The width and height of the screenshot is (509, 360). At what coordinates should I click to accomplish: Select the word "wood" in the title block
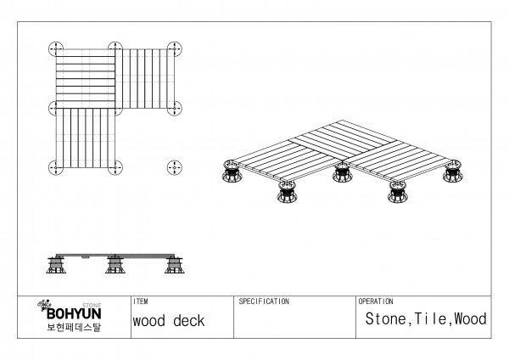(149, 322)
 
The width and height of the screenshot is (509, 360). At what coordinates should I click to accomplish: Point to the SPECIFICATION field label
(264, 301)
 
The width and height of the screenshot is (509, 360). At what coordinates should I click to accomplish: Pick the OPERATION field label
(376, 301)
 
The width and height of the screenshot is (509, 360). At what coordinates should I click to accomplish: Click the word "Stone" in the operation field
(387, 320)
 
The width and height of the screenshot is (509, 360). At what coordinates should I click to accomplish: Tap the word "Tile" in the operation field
(432, 320)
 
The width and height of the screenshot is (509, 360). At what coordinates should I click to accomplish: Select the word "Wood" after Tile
(470, 320)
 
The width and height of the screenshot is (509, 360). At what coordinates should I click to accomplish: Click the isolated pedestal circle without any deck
(176, 166)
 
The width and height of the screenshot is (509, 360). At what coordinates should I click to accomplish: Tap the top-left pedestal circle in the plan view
(56, 48)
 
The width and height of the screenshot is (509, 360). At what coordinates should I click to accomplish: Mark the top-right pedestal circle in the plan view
(176, 48)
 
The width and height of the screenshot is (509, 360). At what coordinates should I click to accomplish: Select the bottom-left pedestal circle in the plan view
(56, 166)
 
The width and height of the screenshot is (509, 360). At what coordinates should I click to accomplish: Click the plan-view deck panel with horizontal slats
(85, 77)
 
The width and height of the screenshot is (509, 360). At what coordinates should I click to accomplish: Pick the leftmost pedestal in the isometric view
(230, 175)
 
